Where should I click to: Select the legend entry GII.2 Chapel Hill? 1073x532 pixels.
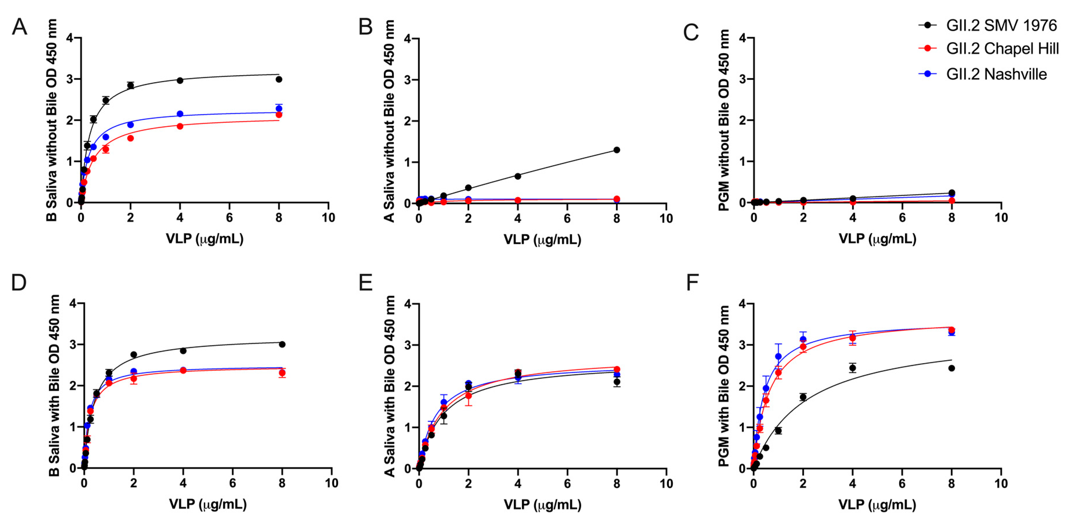1002,49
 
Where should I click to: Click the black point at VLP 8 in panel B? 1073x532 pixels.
617,150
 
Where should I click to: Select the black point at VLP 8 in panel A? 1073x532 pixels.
279,79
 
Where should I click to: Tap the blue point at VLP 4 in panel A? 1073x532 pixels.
180,114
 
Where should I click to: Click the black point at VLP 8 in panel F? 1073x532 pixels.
951,368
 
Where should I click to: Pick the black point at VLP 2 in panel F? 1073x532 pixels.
803,397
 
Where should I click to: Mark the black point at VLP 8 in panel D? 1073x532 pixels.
282,344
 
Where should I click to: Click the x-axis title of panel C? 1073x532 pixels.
877,239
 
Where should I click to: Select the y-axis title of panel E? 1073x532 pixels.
389,386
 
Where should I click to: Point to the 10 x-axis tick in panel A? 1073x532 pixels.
328,217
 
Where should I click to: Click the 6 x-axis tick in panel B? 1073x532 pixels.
567,218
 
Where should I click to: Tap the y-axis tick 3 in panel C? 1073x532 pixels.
742,79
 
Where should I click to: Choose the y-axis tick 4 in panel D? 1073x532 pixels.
73,303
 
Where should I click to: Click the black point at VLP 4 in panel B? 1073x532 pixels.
517,176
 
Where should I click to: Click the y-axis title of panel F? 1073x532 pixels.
724,386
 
